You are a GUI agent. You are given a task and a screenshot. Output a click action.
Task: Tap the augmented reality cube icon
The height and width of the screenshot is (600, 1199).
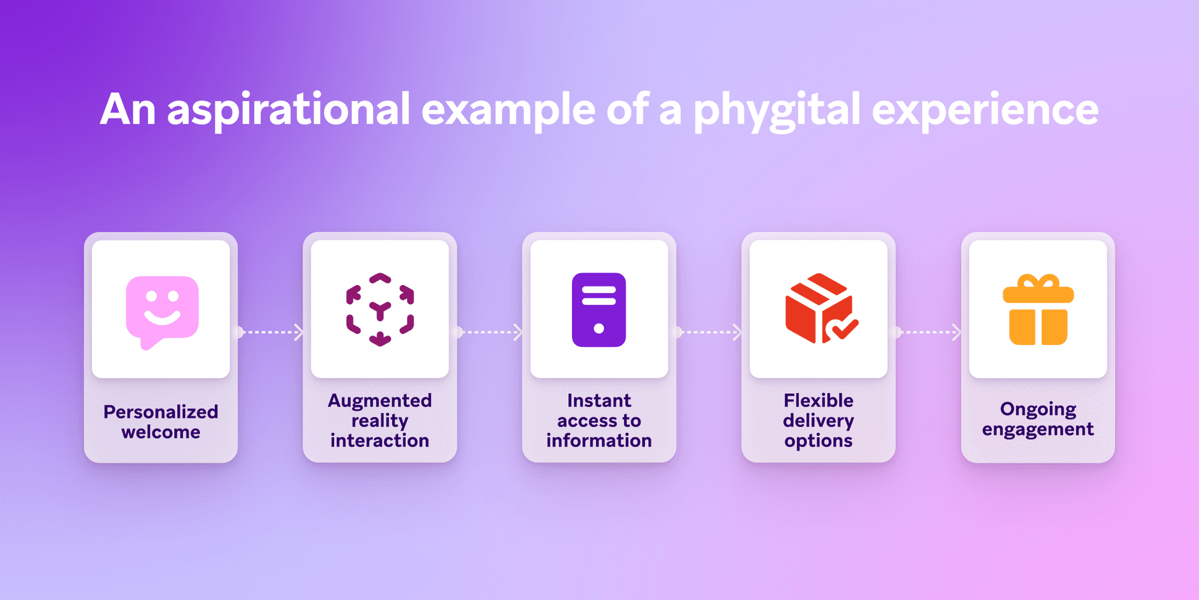380,309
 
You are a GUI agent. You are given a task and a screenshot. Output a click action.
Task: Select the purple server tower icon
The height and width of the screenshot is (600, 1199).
599,309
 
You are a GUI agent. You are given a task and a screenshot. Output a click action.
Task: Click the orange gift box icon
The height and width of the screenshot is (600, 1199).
1038,309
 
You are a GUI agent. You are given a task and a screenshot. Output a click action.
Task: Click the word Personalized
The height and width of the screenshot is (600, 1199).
160,412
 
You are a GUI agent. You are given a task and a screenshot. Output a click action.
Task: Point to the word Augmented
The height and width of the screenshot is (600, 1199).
380,401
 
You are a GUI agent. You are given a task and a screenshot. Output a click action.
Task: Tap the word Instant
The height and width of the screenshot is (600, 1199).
599,401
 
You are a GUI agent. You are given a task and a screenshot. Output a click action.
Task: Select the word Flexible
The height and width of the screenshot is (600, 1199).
818,401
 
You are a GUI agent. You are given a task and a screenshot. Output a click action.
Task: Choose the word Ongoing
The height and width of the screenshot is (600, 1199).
1038,410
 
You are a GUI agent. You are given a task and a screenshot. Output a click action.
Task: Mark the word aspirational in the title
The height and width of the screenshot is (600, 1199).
289,110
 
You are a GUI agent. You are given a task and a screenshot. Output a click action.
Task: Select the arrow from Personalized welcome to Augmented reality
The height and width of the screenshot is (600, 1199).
270,332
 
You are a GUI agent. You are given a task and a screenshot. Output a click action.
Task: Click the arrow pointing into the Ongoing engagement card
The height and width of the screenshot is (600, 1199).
928,332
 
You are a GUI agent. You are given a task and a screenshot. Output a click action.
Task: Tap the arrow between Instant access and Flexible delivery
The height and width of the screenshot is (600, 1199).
709,332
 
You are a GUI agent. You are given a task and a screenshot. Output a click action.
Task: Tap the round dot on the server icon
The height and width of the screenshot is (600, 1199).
599,328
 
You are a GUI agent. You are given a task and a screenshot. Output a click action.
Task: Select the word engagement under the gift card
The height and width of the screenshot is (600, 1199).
1038,430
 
